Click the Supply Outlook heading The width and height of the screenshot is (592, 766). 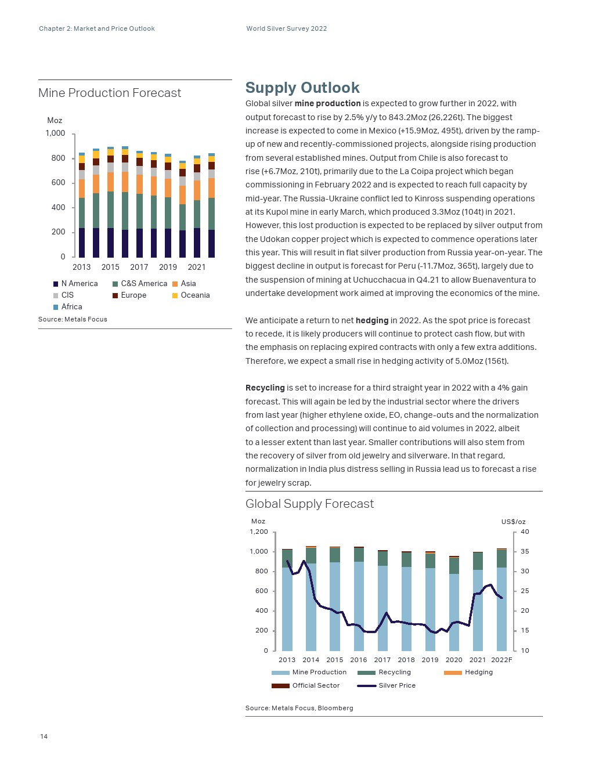point(302,88)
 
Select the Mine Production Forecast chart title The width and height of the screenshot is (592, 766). point(110,93)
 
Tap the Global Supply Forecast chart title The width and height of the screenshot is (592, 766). point(309,504)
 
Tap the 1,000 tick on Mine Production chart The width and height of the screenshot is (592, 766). point(56,133)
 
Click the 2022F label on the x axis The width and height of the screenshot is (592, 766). point(501,660)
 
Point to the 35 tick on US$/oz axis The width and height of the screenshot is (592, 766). point(525,552)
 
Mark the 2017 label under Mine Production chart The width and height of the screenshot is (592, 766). point(139,268)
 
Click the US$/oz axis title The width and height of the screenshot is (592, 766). point(513,522)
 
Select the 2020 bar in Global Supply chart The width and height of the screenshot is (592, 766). point(454,604)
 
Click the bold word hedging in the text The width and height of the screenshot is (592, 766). point(372,320)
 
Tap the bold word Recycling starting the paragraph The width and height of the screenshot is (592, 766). point(265,388)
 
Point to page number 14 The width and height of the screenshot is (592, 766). point(44,737)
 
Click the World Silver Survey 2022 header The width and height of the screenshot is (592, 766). point(287,28)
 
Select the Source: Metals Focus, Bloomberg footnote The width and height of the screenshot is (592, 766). point(299,709)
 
